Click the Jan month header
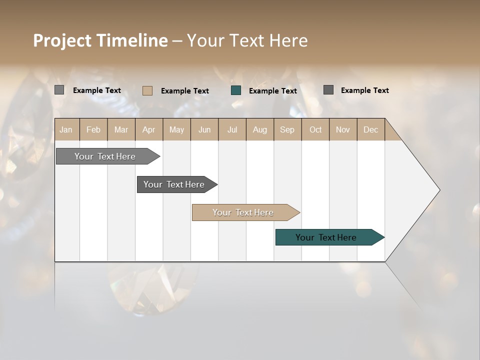pos(66,129)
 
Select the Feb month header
pos(93,129)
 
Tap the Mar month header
pos(121,129)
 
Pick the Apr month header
pos(149,129)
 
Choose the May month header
pos(176,129)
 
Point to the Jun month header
pos(204,129)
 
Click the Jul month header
pos(232,129)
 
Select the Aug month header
pos(260,129)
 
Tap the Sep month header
pos(287,129)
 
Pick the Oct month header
pos(315,129)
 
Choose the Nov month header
pos(343,129)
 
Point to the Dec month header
pos(371,129)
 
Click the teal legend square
pos(236,90)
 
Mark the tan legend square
pos(147,90)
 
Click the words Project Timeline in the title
pos(100,40)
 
